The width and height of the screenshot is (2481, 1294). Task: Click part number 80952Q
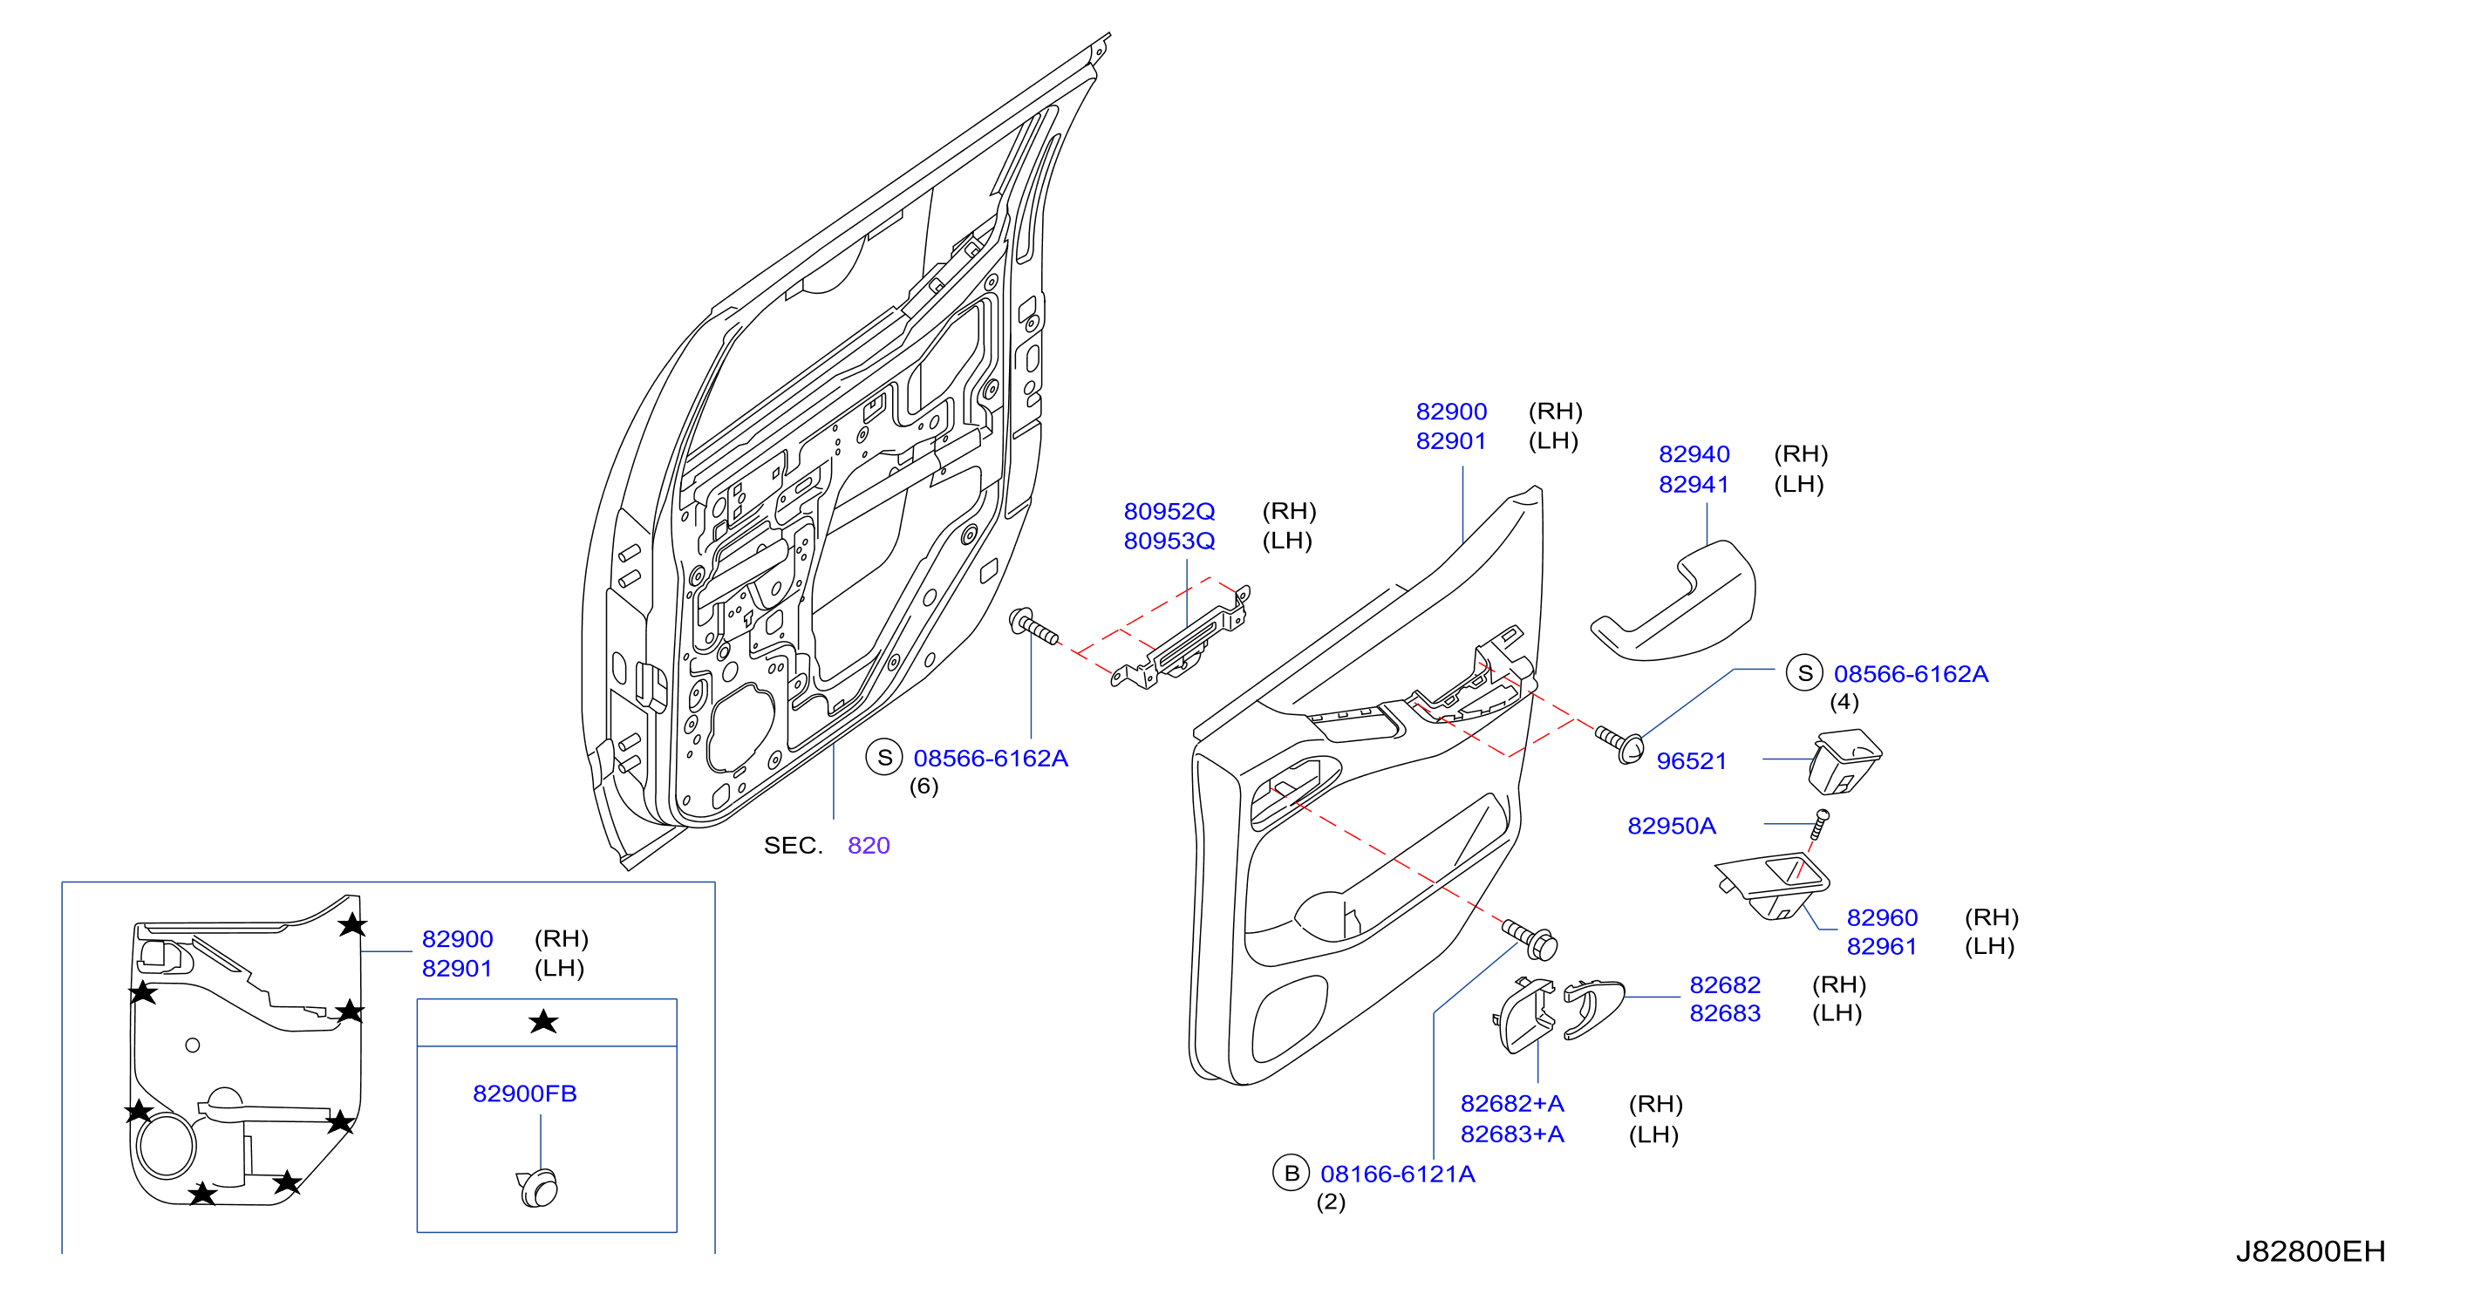pyautogui.click(x=1169, y=511)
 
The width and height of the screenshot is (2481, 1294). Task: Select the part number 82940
pyautogui.click(x=1694, y=454)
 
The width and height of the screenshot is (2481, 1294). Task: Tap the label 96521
pyautogui.click(x=1691, y=760)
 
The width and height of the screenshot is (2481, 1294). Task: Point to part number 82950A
pyautogui.click(x=1671, y=825)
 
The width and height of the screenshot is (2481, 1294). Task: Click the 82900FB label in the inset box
pyautogui.click(x=525, y=1093)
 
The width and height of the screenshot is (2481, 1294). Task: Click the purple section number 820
pyautogui.click(x=869, y=845)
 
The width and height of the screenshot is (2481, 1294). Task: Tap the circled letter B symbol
pyautogui.click(x=1291, y=1174)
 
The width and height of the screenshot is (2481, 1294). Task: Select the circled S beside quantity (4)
pyautogui.click(x=1804, y=673)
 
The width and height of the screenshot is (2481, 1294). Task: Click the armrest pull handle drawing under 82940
pyautogui.click(x=1673, y=603)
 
